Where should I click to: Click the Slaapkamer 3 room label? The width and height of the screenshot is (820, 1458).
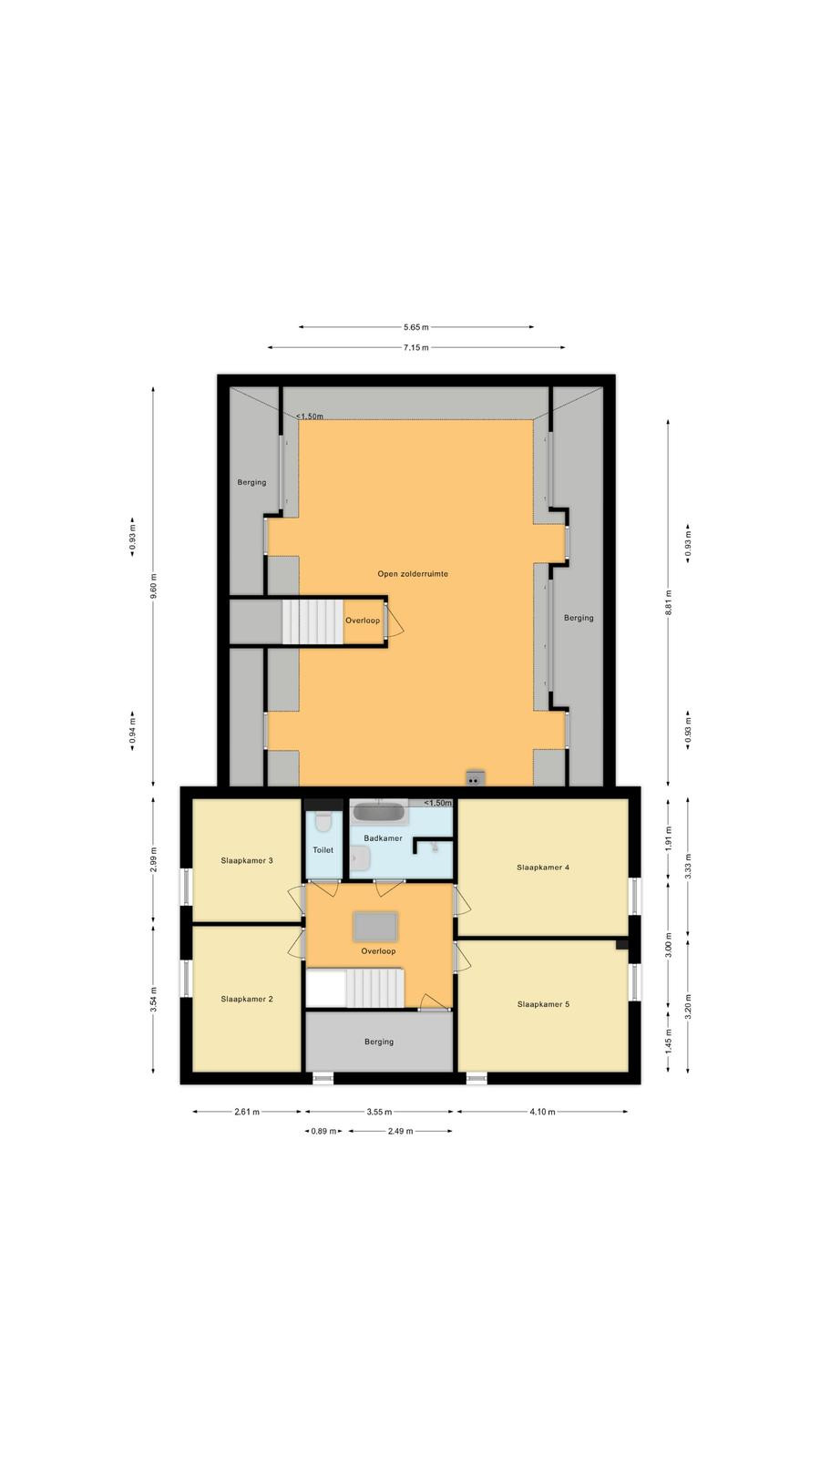247,860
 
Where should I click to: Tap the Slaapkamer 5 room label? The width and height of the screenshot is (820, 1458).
543,1004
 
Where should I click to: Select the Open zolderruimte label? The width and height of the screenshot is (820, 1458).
413,574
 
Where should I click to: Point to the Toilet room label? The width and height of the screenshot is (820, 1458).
323,850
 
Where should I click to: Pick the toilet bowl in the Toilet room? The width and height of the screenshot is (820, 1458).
323,822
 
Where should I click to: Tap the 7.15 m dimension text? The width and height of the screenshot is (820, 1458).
415,347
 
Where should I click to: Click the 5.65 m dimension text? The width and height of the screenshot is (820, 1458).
415,327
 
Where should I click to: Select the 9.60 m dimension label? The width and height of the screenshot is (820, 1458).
154,586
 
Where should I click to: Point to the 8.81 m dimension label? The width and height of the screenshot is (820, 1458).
669,602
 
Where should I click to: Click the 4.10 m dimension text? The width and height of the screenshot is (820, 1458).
542,1112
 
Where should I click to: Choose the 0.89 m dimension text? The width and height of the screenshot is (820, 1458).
323,1131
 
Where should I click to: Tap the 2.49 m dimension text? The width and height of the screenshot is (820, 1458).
400,1131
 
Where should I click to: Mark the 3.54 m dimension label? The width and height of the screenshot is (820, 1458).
154,999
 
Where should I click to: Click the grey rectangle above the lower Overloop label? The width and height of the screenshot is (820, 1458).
374,927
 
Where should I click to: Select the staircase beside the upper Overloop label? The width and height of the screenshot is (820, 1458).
313,621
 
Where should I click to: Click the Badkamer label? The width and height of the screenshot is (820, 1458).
383,838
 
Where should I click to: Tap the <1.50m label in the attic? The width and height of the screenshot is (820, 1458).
310,416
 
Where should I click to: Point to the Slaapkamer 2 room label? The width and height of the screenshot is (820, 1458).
247,999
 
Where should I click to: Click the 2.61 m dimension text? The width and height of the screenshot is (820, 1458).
247,1112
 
